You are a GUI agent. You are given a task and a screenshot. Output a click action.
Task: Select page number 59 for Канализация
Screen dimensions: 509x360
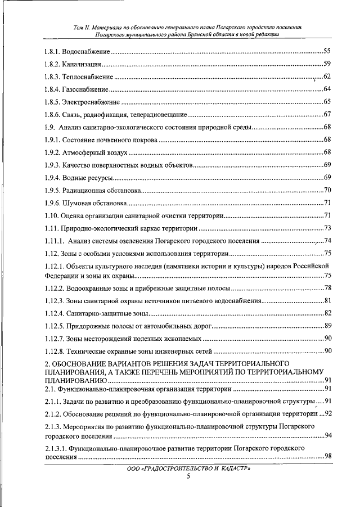tap(326, 64)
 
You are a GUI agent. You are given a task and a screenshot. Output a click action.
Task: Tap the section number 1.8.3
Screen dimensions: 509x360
tap(53, 76)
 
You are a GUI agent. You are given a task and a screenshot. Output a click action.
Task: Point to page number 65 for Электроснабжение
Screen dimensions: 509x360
tap(326, 102)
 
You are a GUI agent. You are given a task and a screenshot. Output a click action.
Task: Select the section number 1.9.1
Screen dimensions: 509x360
tap(53, 139)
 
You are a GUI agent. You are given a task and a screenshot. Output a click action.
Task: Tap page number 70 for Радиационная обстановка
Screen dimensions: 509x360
tap(326, 190)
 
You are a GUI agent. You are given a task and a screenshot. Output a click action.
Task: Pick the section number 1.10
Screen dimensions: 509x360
tap(52, 215)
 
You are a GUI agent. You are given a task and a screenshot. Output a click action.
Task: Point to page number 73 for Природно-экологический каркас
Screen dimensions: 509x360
tap(326, 228)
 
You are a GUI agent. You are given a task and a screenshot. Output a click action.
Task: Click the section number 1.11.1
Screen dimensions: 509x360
tap(55, 241)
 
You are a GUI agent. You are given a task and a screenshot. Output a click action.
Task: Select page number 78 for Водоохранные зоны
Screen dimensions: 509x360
tap(326, 288)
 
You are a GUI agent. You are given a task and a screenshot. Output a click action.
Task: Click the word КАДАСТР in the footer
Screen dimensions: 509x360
tap(232, 468)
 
